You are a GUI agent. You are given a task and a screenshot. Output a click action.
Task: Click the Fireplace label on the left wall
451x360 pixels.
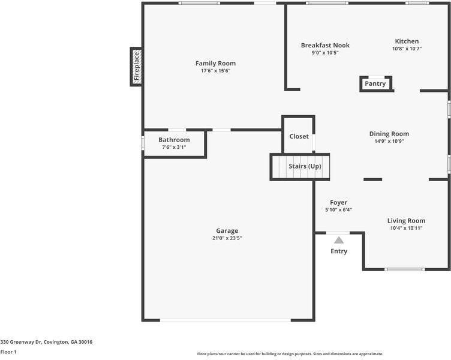click(x=136, y=66)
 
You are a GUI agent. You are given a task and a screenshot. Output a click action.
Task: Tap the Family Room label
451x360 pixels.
click(x=215, y=63)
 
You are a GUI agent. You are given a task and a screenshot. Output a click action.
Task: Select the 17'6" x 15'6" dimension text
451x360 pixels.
click(x=215, y=71)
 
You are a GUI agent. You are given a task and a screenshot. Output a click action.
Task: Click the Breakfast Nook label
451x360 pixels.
click(x=325, y=45)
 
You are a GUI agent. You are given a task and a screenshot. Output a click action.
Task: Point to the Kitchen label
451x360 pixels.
click(x=407, y=41)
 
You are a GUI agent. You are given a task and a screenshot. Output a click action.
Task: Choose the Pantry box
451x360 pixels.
click(x=375, y=84)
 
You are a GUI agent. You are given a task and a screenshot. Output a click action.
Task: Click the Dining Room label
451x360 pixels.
click(x=389, y=134)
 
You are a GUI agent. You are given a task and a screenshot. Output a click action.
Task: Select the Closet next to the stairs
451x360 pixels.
click(x=299, y=136)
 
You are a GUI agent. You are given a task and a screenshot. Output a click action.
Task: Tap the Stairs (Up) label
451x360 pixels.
click(x=305, y=166)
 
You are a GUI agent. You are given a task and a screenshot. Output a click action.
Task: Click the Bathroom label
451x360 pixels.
click(x=174, y=140)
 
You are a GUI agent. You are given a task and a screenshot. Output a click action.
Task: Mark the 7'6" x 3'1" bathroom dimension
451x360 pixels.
click(x=174, y=147)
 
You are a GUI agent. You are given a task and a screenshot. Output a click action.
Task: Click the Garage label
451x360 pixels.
click(x=227, y=230)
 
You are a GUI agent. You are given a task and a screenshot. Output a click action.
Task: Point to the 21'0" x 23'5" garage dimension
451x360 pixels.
click(x=227, y=238)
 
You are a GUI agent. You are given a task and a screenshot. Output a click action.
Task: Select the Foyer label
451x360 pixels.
click(x=338, y=202)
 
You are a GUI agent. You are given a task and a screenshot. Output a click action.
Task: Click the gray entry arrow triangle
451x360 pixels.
click(x=339, y=240)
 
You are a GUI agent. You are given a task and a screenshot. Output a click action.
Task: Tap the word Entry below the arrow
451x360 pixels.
click(x=339, y=251)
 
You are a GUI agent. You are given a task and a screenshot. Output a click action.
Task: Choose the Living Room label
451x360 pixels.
click(x=406, y=220)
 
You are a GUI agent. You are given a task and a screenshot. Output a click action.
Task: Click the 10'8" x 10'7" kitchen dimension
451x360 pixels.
click(x=407, y=49)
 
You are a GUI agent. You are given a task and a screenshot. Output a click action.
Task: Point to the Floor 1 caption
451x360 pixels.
click(x=8, y=352)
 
